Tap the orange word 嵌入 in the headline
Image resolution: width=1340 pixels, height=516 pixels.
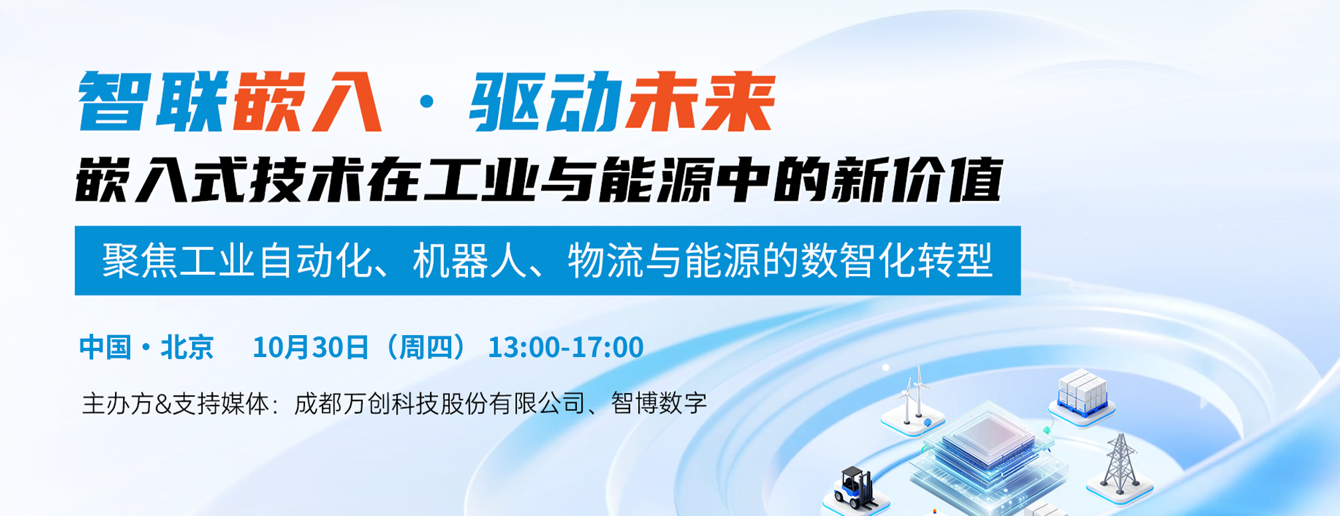click(x=307, y=102)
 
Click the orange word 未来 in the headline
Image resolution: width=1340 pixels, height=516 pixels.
click(x=701, y=102)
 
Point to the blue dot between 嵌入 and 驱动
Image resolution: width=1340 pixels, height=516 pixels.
click(x=427, y=102)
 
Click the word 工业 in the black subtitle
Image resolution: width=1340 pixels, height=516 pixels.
click(x=480, y=180)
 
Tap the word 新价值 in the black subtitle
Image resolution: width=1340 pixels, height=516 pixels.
click(x=917, y=180)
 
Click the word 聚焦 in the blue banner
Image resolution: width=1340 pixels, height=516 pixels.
click(x=140, y=260)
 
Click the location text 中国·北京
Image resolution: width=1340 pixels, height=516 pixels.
click(x=146, y=347)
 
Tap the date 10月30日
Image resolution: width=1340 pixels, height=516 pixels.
click(x=310, y=347)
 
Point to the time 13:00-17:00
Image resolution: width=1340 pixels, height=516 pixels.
click(x=566, y=347)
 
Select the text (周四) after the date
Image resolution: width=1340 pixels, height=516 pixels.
click(x=426, y=347)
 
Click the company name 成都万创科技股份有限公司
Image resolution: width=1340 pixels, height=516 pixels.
click(x=439, y=404)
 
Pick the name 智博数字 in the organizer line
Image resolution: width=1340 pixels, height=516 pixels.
click(x=659, y=404)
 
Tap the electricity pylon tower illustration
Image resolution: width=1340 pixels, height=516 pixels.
click(x=1120, y=463)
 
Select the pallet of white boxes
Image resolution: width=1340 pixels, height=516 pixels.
click(x=1082, y=393)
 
